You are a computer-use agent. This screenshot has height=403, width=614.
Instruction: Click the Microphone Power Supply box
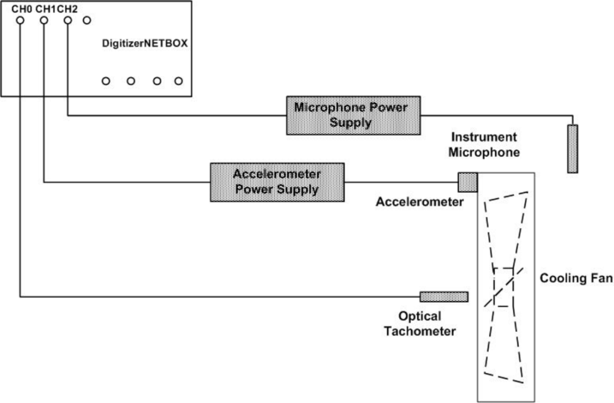353,116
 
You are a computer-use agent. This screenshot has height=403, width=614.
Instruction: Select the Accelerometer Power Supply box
277,182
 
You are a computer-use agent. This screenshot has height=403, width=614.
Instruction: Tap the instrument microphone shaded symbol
572,149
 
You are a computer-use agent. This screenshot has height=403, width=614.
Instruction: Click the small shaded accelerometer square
468,182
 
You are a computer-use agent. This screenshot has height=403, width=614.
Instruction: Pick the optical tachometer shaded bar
444,297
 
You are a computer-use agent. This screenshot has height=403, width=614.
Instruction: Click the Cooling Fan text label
576,279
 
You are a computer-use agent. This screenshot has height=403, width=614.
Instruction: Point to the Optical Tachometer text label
420,324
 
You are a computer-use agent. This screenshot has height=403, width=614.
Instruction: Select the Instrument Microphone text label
483,145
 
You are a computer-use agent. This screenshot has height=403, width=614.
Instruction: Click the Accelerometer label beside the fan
420,201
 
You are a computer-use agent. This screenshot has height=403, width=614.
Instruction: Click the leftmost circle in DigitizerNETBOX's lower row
106,81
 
